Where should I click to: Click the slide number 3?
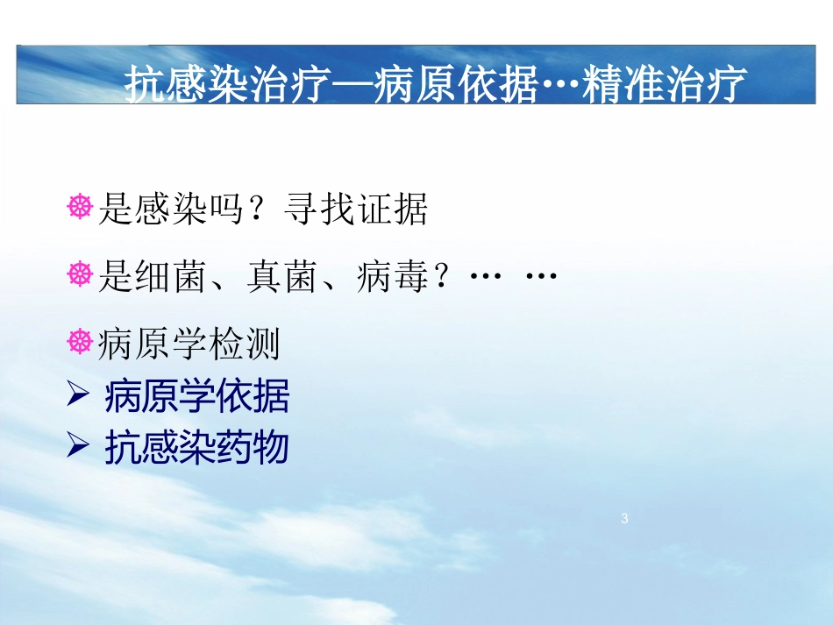(624, 519)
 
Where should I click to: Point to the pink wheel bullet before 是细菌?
(80, 275)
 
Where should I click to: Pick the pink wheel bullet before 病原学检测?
(80, 342)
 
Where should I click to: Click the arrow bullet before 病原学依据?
(78, 396)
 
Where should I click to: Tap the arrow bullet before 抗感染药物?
(78, 447)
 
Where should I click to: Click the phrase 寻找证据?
(356, 210)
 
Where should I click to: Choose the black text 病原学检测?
(190, 344)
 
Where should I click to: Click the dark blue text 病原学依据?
(196, 398)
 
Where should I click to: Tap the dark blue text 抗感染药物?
(196, 449)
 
